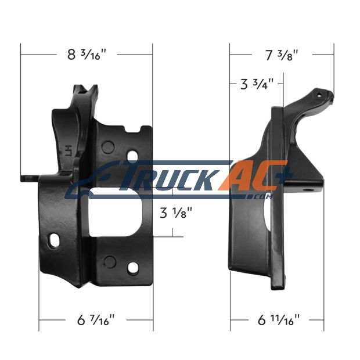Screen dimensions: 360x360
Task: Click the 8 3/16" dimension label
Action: [87, 55]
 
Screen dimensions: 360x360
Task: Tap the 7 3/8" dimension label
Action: [282, 55]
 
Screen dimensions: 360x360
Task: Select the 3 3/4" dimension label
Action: [257, 84]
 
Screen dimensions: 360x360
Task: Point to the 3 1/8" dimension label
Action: [176, 213]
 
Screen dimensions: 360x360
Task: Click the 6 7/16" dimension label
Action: [96, 320]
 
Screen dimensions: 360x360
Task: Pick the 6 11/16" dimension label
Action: [279, 320]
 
